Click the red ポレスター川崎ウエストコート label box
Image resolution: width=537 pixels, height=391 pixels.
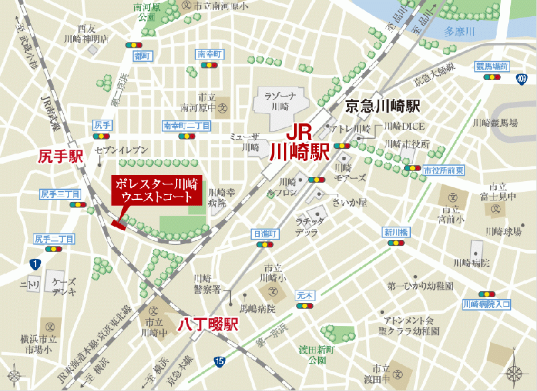click(155, 190)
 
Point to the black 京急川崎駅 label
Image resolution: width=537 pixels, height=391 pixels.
click(382, 106)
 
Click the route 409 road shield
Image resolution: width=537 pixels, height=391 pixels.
click(522, 79)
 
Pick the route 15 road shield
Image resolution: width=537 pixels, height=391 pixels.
click(219, 361)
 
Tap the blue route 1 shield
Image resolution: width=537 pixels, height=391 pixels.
click(34, 264)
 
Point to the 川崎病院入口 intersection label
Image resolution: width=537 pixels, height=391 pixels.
click(487, 304)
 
